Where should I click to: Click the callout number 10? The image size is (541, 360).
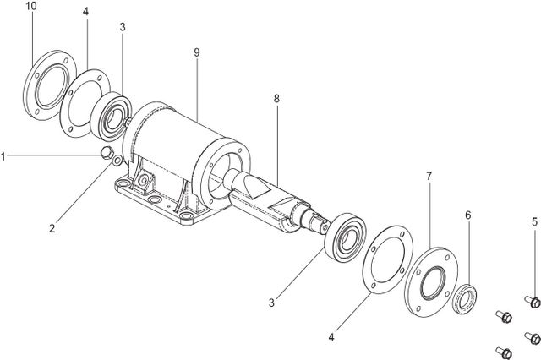31,7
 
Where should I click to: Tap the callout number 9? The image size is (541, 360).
196,52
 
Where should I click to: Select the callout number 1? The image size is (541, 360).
4,155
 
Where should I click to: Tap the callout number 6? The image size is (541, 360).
467,215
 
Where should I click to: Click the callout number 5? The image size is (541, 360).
534,222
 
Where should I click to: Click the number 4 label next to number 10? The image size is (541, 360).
86,12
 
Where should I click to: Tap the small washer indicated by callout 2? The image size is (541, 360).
116,160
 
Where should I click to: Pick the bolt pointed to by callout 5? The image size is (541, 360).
534,301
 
